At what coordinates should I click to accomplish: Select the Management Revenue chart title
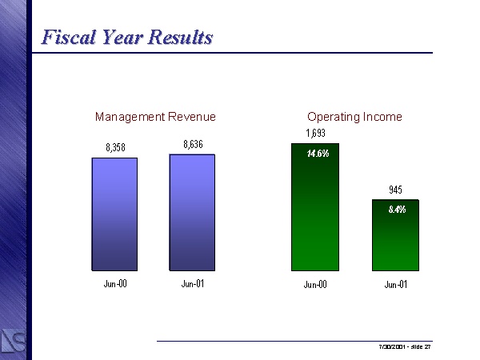coord(155,117)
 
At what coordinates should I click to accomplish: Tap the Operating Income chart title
coord(354,117)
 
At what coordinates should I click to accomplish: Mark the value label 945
coord(395,190)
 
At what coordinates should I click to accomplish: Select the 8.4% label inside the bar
coord(397,210)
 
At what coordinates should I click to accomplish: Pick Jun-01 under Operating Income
coord(395,284)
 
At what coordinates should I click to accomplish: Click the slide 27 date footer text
coord(405,347)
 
